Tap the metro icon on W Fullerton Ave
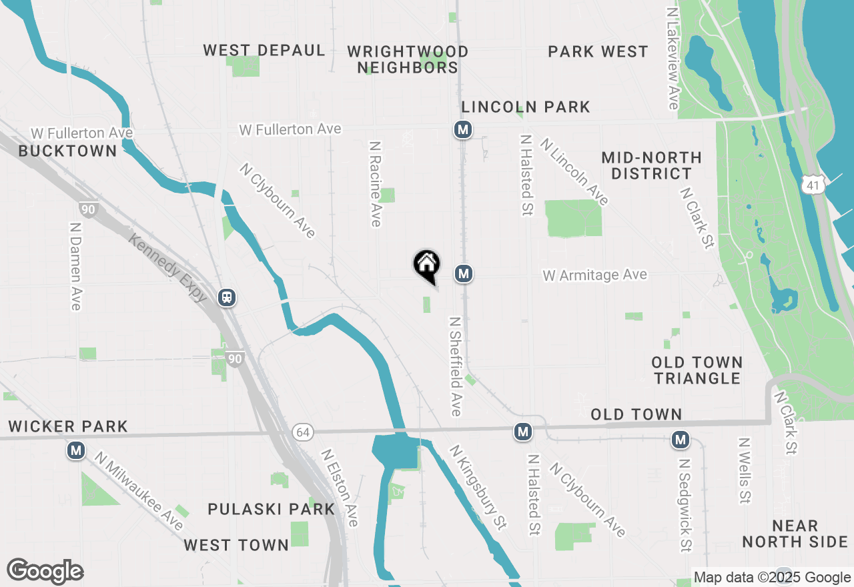click(463, 129)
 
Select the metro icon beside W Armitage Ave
click(464, 273)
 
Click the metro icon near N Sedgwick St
click(681, 440)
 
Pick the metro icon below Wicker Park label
click(76, 451)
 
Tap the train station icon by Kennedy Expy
click(228, 297)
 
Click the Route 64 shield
click(302, 433)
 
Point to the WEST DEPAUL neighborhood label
click(264, 51)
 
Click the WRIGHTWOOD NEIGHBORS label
click(408, 59)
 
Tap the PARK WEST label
click(598, 52)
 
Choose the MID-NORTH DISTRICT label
click(651, 165)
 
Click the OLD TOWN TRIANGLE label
click(697, 370)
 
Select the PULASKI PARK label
click(271, 509)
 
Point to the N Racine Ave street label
click(376, 183)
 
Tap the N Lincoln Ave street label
click(574, 171)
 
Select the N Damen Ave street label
click(75, 265)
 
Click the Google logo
click(45, 571)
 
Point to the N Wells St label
click(745, 470)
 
